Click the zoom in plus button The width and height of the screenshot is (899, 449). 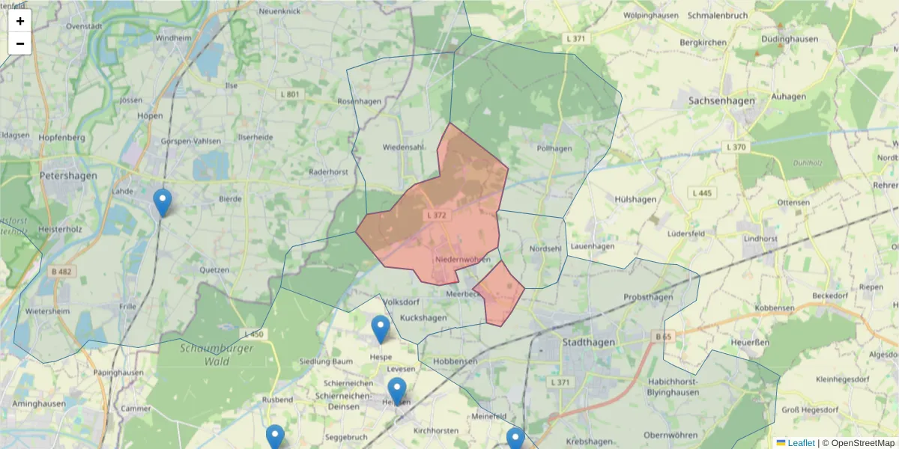pyautogui.click(x=20, y=21)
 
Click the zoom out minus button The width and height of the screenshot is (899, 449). pyautogui.click(x=20, y=43)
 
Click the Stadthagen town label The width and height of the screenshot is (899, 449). pyautogui.click(x=588, y=343)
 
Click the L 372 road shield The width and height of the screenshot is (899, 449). pyautogui.click(x=437, y=216)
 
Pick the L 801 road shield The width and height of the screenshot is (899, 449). pyautogui.click(x=289, y=94)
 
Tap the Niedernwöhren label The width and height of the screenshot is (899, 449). pyautogui.click(x=462, y=260)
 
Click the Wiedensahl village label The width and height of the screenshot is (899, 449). pyautogui.click(x=404, y=147)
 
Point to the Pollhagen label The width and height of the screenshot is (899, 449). pyautogui.click(x=554, y=148)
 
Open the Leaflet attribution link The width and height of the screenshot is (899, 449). pyautogui.click(x=800, y=443)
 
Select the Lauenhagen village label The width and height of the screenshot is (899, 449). pyautogui.click(x=592, y=246)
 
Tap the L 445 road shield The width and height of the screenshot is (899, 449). pyautogui.click(x=702, y=193)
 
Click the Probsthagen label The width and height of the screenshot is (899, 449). pyautogui.click(x=648, y=297)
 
